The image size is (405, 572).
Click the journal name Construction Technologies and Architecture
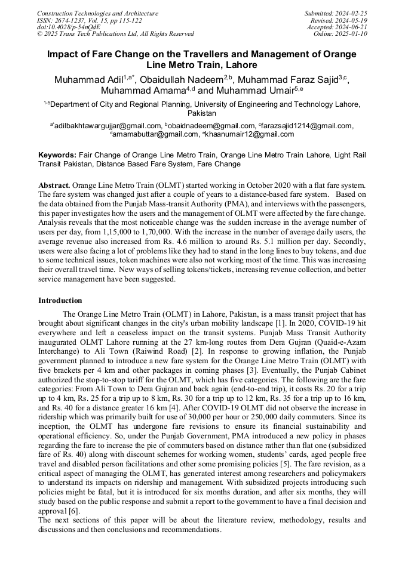[x=97, y=13]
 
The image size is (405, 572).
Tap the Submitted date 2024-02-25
[x=352, y=13]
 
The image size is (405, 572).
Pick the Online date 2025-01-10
[x=354, y=34]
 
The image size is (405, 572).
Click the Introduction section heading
[x=60, y=300]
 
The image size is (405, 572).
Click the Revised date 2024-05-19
[x=352, y=20]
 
